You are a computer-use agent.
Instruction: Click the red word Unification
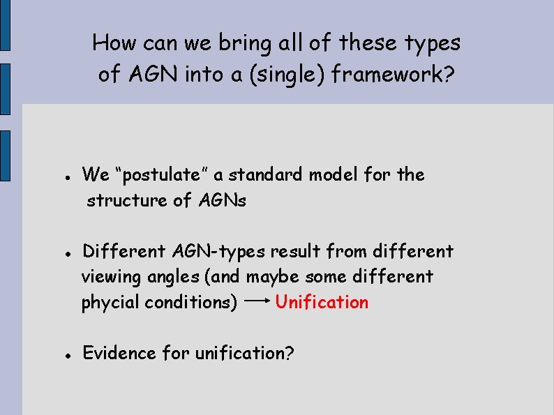tap(322, 303)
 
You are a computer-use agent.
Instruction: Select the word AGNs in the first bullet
tap(223, 201)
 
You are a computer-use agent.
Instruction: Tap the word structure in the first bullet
tap(127, 201)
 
